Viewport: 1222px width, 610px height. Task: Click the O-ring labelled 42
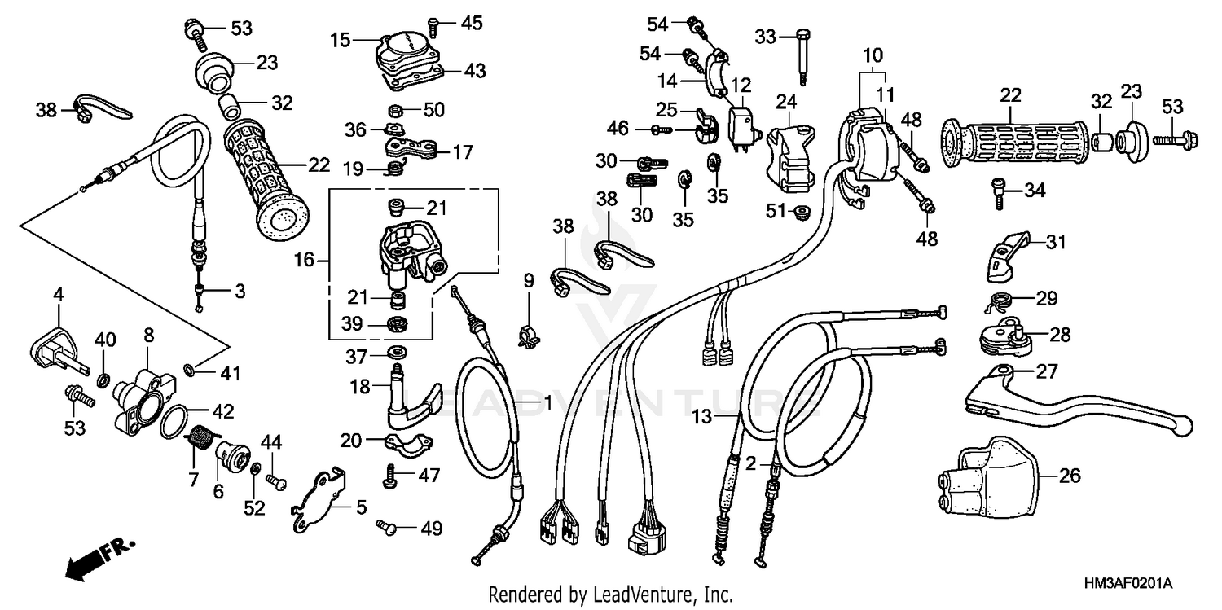[174, 423]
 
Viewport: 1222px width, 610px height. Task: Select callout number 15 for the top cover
[340, 38]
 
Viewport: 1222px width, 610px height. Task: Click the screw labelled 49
[386, 529]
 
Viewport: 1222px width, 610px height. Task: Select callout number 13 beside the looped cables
[702, 416]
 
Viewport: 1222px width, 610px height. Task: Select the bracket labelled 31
[1007, 252]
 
